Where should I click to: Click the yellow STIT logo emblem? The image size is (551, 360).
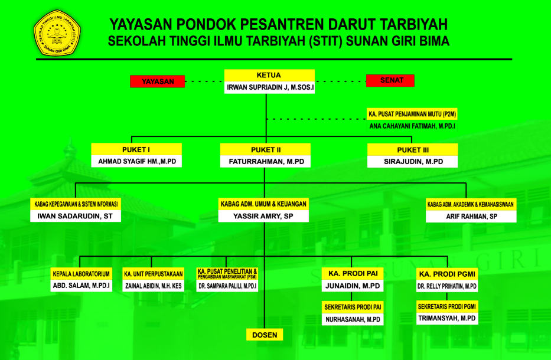tap(57, 33)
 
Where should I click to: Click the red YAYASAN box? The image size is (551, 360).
tap(158, 81)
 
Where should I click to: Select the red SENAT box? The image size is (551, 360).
tap(390, 80)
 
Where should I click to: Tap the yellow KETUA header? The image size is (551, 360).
tap(269, 75)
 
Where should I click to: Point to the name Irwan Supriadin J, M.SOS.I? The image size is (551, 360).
tap(270, 87)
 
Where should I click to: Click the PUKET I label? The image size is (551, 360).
tap(136, 150)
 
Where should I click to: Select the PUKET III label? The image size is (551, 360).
tap(413, 150)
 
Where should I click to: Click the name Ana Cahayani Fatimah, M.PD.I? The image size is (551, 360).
tap(412, 126)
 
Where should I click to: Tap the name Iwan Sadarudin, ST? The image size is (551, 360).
tap(75, 216)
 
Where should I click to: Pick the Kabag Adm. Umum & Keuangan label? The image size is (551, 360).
tap(263, 204)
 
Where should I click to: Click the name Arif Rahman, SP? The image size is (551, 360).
tap(472, 217)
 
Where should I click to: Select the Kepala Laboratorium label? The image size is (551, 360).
tap(81, 274)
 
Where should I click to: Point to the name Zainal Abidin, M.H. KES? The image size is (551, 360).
tap(154, 286)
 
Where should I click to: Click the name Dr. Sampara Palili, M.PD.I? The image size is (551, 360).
tap(227, 286)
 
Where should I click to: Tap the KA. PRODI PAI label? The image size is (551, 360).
tap(353, 274)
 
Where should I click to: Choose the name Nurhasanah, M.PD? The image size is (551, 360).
tap(353, 320)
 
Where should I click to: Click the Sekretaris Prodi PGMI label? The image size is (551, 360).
tap(447, 307)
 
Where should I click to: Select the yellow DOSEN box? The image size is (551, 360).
tap(265, 335)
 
